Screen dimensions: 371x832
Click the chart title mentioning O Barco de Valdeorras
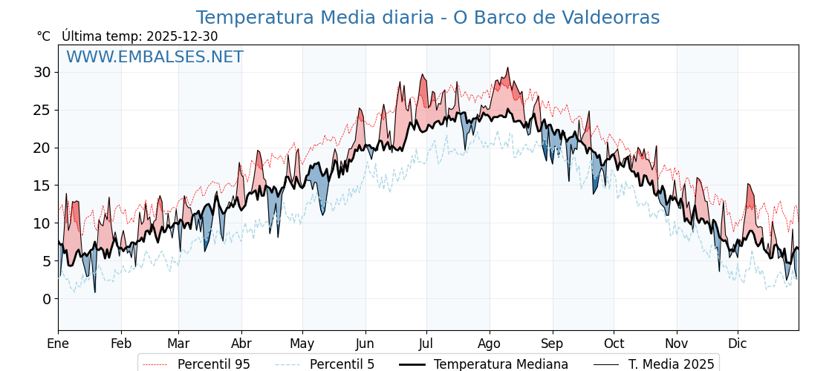(x=427, y=18)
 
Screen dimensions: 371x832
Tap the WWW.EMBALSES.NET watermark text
(x=155, y=57)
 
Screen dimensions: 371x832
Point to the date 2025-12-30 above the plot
(x=182, y=36)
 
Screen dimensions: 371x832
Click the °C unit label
(x=44, y=36)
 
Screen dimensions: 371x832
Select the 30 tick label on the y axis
(x=42, y=72)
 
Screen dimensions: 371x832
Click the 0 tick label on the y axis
(x=47, y=299)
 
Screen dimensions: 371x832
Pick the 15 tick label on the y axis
(x=42, y=185)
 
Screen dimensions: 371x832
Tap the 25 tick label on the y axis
(x=42, y=110)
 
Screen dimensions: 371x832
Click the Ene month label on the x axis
(x=58, y=344)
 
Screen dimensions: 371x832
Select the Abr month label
(x=241, y=344)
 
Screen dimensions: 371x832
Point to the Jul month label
(x=426, y=344)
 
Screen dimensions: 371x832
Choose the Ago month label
(x=490, y=344)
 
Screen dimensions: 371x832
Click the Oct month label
(x=614, y=344)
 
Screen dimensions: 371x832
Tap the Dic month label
(x=738, y=344)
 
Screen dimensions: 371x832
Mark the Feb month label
(x=121, y=344)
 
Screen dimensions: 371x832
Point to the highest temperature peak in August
(x=508, y=68)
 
